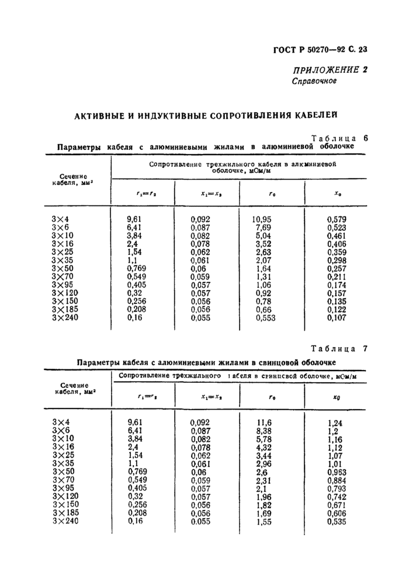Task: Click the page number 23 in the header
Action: (368, 51)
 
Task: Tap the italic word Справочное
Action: (314, 81)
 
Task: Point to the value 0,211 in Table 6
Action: (338, 277)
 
